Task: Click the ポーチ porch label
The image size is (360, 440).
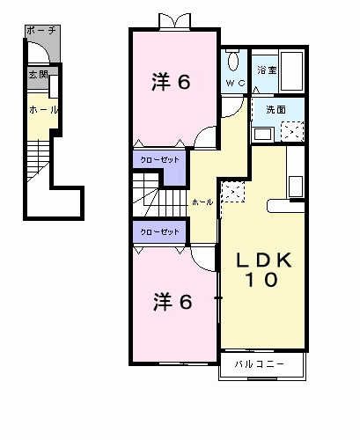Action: tap(41, 30)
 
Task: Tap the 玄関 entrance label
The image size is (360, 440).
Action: tap(38, 74)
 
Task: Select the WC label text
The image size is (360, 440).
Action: tap(235, 83)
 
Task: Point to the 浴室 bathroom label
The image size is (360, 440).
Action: tap(267, 70)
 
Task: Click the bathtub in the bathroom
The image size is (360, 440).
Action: tap(291, 71)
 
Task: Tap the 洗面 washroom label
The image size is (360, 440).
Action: tap(276, 109)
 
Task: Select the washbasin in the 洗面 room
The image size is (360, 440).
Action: tap(262, 134)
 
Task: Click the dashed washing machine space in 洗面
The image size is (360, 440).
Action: tap(292, 131)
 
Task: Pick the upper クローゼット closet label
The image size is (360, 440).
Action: tap(160, 160)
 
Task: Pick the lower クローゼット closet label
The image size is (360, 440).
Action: tap(160, 232)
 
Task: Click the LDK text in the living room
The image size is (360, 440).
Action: tap(264, 260)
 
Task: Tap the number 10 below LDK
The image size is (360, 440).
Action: tap(261, 280)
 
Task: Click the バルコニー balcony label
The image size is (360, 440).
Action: tap(260, 364)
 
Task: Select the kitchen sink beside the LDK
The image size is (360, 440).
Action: tap(295, 187)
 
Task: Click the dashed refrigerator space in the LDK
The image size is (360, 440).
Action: tap(233, 192)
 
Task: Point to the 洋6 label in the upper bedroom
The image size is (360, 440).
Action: tap(171, 82)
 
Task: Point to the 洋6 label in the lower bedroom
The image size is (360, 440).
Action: tap(173, 302)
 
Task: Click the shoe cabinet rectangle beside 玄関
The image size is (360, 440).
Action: tap(54, 86)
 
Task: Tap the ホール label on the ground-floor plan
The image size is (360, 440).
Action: tap(43, 110)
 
